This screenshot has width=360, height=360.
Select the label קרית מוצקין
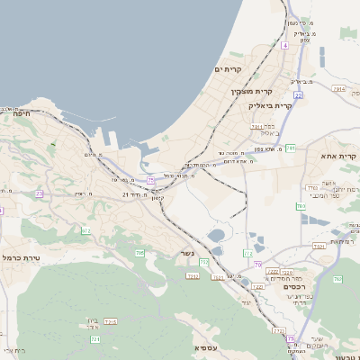pyautogui.click(x=250, y=91)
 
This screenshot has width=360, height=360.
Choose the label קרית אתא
pyautogui.click(x=339, y=157)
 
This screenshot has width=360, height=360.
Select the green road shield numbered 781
pyautogui.click(x=291, y=147)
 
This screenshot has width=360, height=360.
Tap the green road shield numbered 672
pyautogui.click(x=87, y=231)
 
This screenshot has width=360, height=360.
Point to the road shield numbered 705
pyautogui.click(x=139, y=254)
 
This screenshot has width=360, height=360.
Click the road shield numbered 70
pyautogui.click(x=258, y=265)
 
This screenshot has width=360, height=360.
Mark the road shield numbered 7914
pyautogui.click(x=338, y=89)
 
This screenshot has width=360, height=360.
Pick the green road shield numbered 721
pyautogui.click(x=95, y=340)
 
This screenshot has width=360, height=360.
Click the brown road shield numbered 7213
pyautogui.click(x=112, y=321)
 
